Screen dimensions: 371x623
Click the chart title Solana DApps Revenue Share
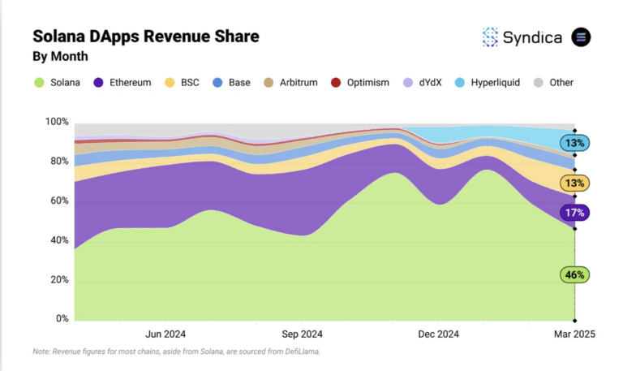point(146,37)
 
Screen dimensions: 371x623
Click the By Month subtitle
point(60,57)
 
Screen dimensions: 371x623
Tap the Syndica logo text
point(533,37)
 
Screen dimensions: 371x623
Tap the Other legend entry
point(554,83)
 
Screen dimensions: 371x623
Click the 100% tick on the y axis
point(56,122)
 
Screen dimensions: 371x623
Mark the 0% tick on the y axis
point(62,319)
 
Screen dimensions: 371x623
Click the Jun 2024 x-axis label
point(165,334)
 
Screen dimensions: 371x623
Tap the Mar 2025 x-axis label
point(574,334)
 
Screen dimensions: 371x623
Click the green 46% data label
point(574,275)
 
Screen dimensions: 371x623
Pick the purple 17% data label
point(574,213)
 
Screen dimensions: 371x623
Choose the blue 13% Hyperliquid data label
point(574,143)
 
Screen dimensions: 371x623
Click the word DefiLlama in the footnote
point(303,352)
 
